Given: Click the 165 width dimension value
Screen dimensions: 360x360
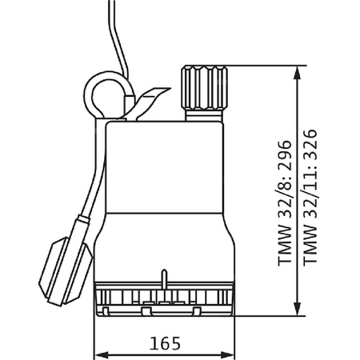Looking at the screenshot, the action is click(165, 343).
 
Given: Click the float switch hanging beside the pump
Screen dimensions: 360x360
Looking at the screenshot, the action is click(66, 271).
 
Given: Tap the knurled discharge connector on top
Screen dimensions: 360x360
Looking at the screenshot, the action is click(205, 88).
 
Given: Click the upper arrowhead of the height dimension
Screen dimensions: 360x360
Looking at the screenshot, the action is click(297, 72).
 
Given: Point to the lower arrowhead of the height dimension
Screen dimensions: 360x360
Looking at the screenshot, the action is click(297, 309).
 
